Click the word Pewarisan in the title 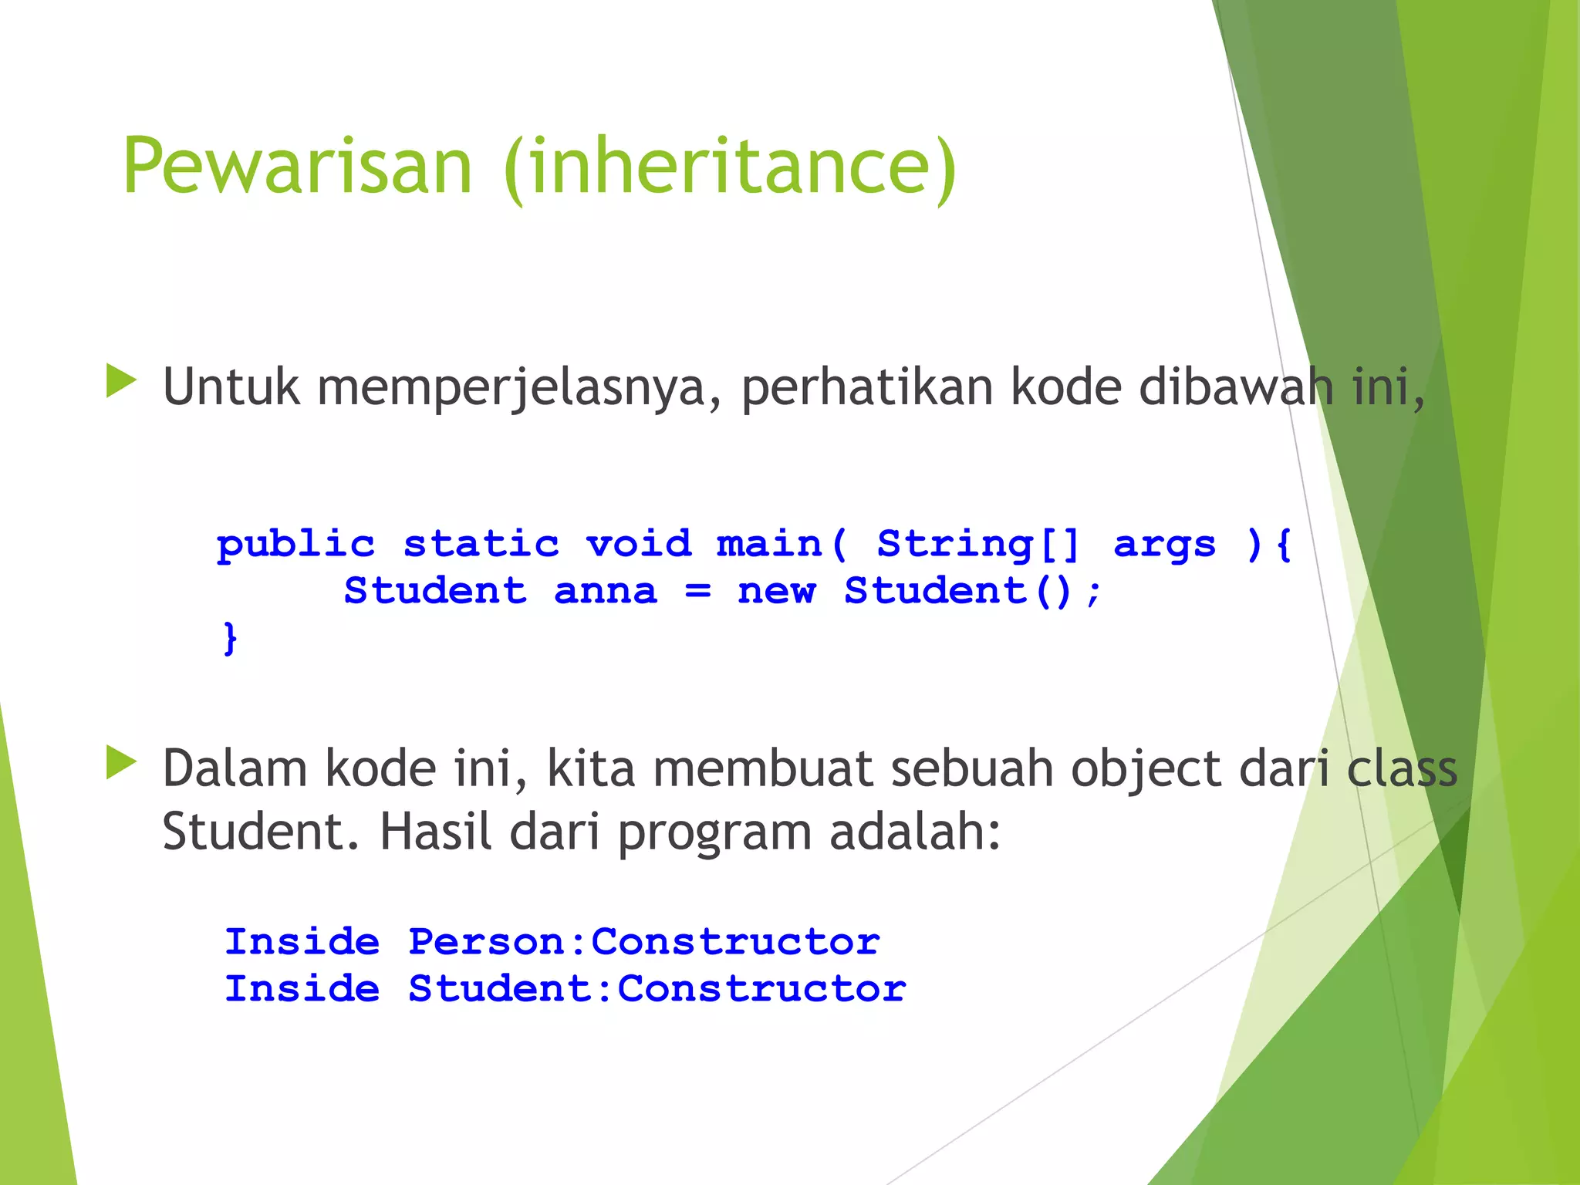(297, 166)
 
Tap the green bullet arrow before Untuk (121, 381)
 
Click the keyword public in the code (295, 545)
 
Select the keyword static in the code (481, 544)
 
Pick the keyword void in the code (639, 544)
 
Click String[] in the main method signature (978, 544)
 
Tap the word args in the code (1165, 545)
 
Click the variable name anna (606, 592)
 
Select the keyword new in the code (776, 592)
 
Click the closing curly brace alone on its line (230, 638)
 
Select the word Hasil (435, 832)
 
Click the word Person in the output (486, 942)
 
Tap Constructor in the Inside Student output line (761, 989)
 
